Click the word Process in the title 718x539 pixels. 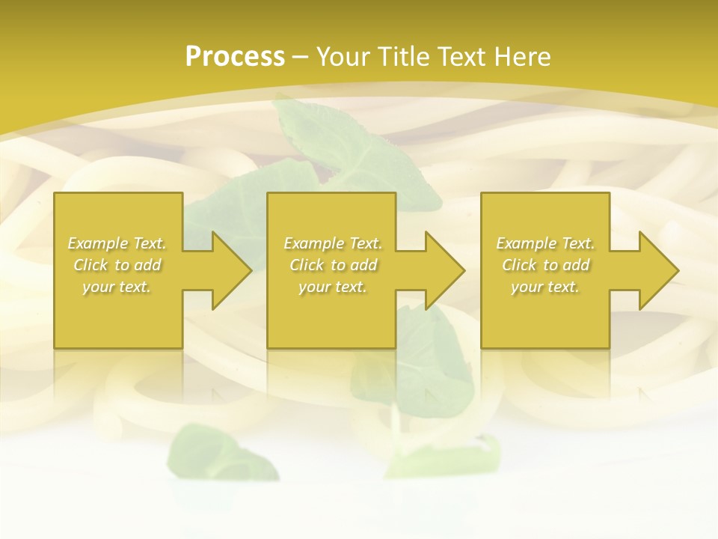[x=235, y=57]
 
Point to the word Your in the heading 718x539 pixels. [x=344, y=57]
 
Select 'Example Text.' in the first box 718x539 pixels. [x=117, y=243]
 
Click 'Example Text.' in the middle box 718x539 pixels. [x=333, y=243]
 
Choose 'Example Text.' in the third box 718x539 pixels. [x=545, y=243]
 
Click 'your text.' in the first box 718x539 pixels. [x=117, y=287]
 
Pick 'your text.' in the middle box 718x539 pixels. [x=333, y=287]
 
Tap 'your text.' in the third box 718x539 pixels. [x=545, y=287]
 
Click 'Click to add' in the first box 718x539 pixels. [x=117, y=265]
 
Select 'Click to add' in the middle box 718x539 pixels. [x=333, y=265]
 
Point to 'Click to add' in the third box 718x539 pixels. [x=545, y=265]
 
